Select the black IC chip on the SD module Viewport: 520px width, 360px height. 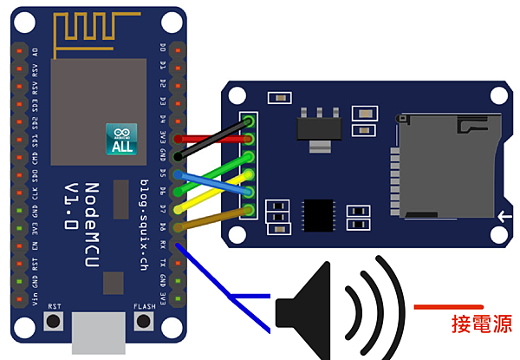[x=319, y=213]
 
